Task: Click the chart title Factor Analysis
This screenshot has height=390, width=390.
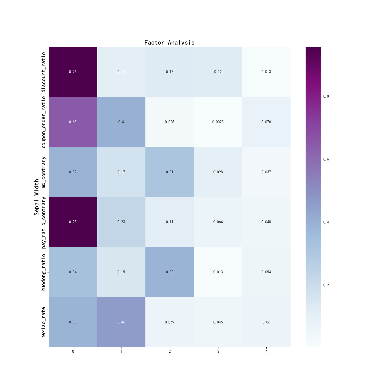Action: pyautogui.click(x=169, y=43)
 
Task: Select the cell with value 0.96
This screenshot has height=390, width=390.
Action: pyautogui.click(x=73, y=72)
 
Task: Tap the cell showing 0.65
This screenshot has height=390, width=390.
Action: pyautogui.click(x=73, y=122)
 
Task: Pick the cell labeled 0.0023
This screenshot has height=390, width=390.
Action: pyautogui.click(x=218, y=122)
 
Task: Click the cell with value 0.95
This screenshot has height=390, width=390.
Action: pyautogui.click(x=73, y=222)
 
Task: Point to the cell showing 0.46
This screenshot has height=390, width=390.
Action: pyautogui.click(x=121, y=322)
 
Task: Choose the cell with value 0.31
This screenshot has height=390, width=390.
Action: pyautogui.click(x=169, y=172)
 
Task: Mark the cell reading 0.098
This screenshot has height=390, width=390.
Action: pyautogui.click(x=218, y=172)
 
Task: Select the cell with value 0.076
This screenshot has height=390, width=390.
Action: pyautogui.click(x=266, y=122)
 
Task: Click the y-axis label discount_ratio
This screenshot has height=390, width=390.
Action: pyautogui.click(x=43, y=72)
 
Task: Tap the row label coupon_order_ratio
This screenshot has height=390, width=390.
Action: pyautogui.click(x=43, y=122)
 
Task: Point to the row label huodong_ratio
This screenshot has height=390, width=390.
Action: pyautogui.click(x=43, y=272)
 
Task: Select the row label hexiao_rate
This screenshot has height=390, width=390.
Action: pyautogui.click(x=43, y=322)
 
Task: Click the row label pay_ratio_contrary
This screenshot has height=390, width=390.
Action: pyautogui.click(x=43, y=222)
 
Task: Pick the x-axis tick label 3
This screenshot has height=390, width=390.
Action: pyautogui.click(x=218, y=352)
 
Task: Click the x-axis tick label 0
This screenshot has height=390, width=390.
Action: pyautogui.click(x=73, y=352)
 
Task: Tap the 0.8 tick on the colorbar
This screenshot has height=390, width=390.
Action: pyautogui.click(x=326, y=96)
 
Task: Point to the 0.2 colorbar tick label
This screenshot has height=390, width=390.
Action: pyautogui.click(x=326, y=285)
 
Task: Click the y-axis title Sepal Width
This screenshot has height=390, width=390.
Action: pyautogui.click(x=36, y=197)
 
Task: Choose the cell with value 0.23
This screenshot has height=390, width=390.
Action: pyautogui.click(x=121, y=222)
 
